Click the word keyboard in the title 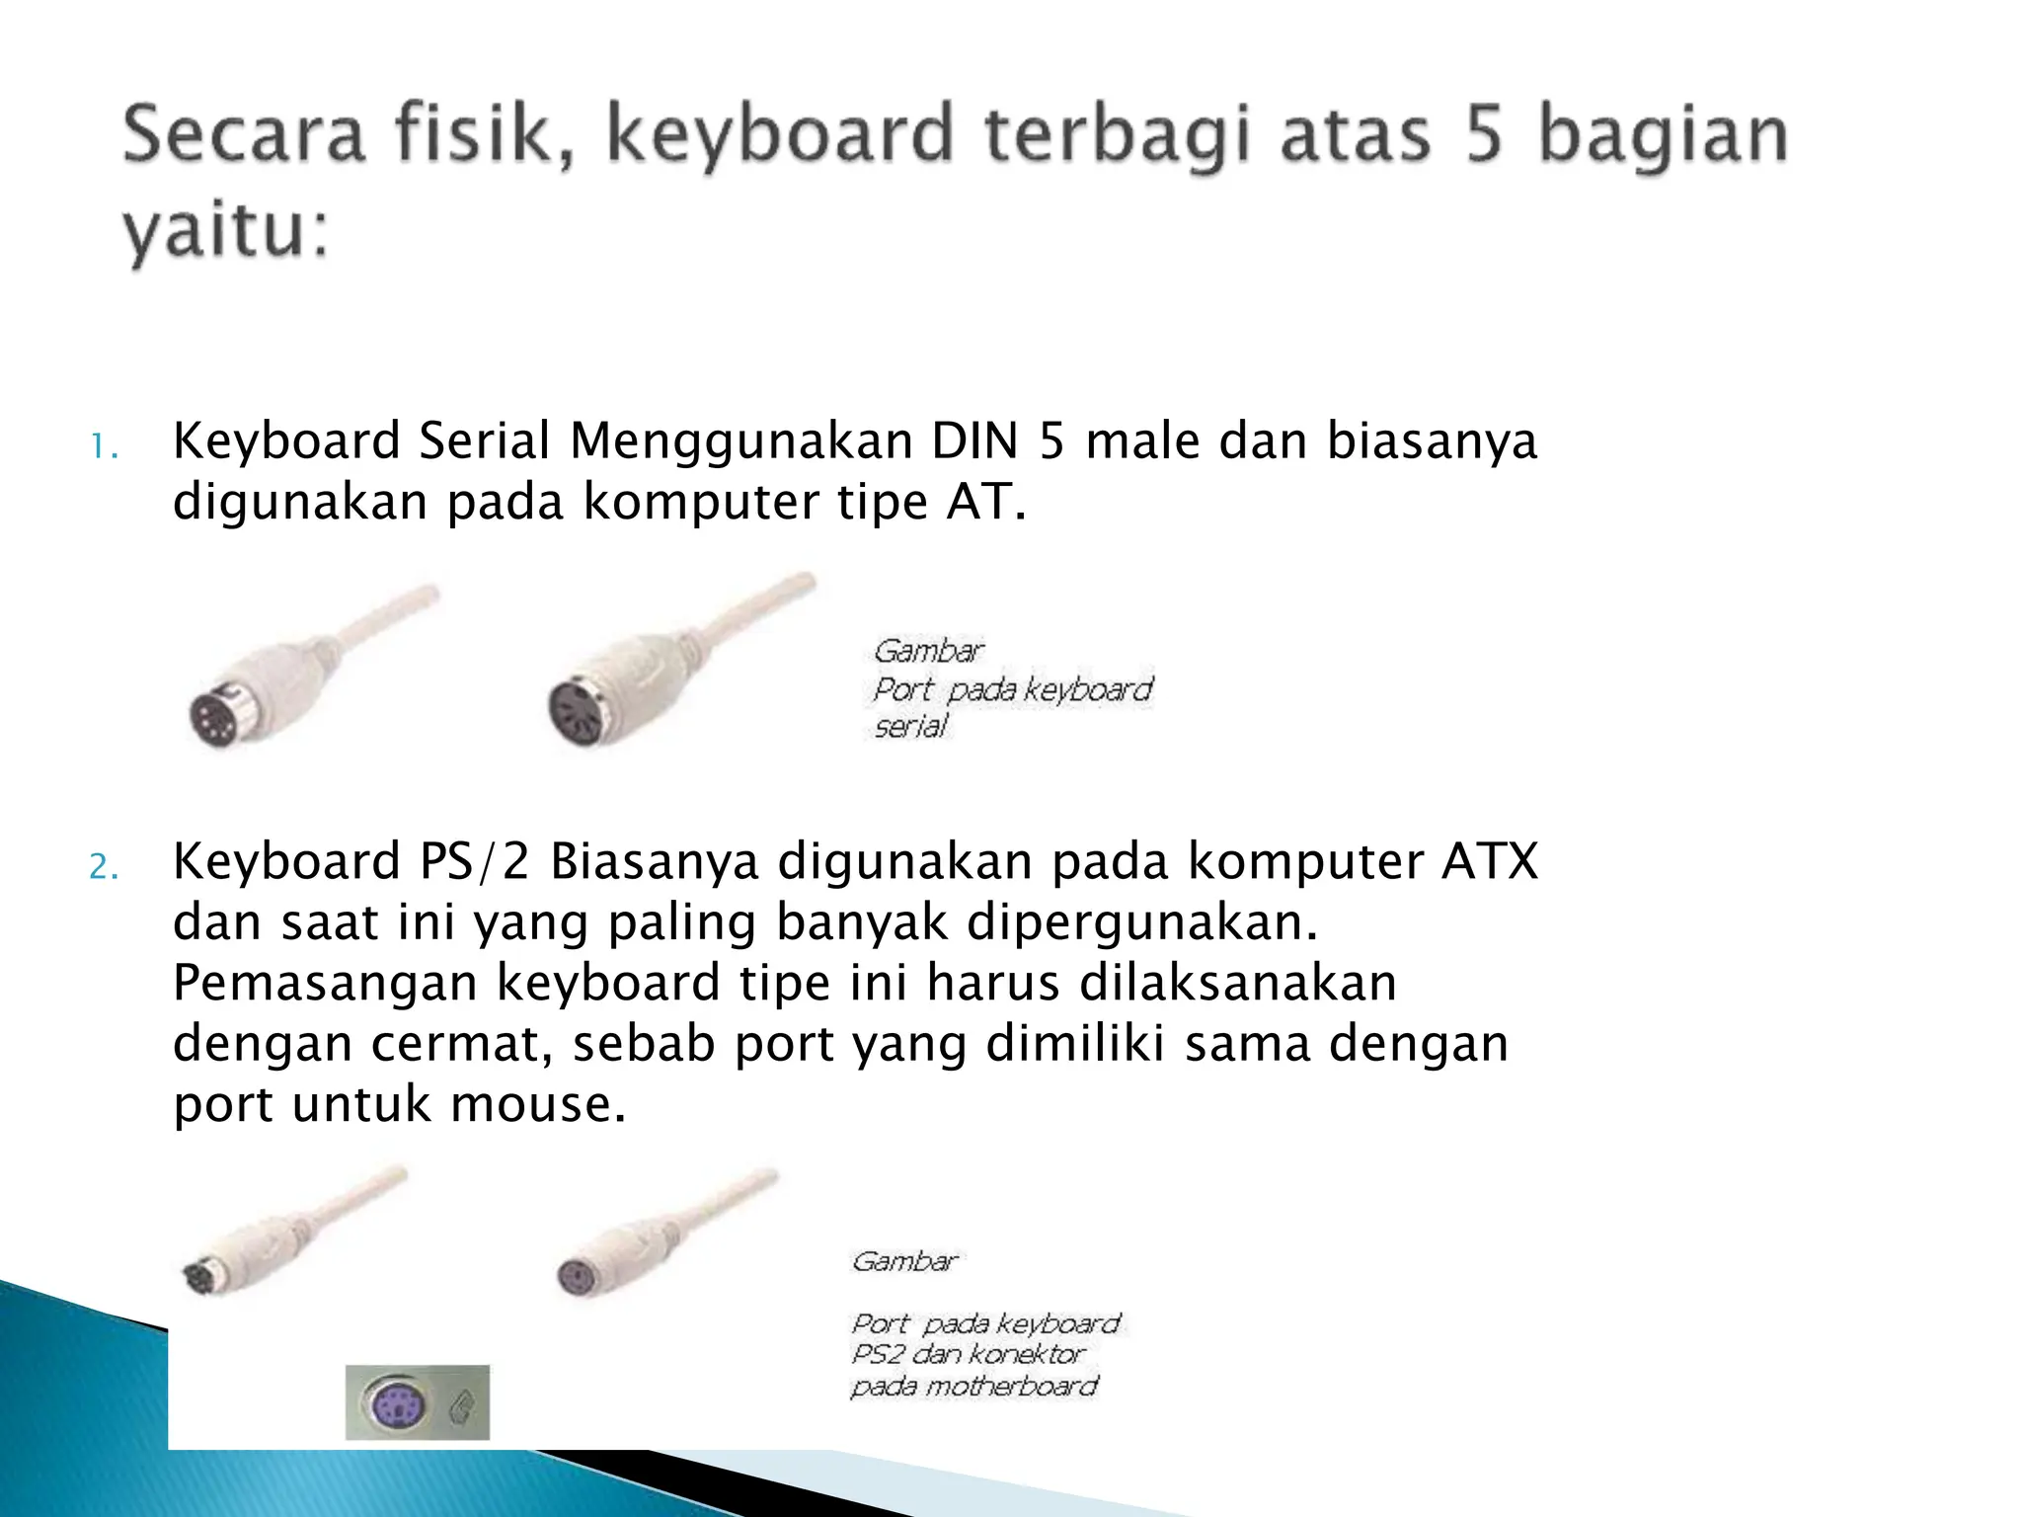click(780, 136)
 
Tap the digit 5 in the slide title click(1483, 136)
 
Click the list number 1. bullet click(104, 447)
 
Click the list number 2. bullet click(104, 867)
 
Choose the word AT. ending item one click(986, 502)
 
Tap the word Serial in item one click(484, 440)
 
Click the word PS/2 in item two click(475, 861)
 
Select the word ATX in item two click(1490, 861)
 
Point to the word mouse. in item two click(538, 1104)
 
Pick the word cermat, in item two click(461, 1044)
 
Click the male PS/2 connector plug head click(201, 1278)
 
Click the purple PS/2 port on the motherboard click(395, 1402)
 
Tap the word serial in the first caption click(910, 727)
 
